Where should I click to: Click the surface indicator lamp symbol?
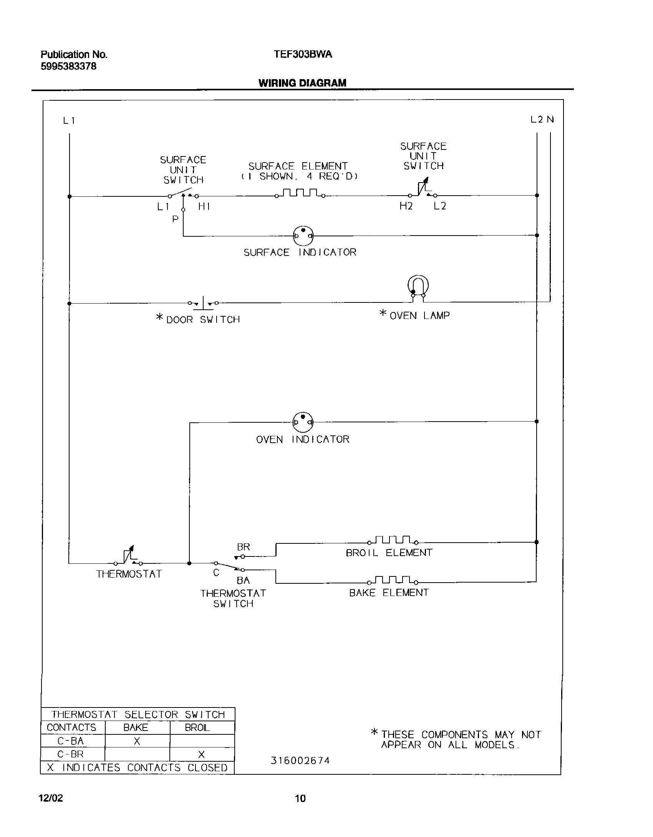point(303,236)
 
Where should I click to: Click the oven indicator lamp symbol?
point(303,422)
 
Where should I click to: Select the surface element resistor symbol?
point(300,193)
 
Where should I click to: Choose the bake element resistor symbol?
point(393,580)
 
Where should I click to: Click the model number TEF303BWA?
point(303,55)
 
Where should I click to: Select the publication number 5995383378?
point(68,66)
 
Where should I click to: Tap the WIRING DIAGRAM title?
point(302,83)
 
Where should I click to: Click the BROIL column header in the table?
point(197,727)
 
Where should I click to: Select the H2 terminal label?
point(406,206)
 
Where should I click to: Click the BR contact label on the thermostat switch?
point(244,547)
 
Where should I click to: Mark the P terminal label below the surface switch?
point(176,219)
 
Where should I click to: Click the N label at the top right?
point(550,120)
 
